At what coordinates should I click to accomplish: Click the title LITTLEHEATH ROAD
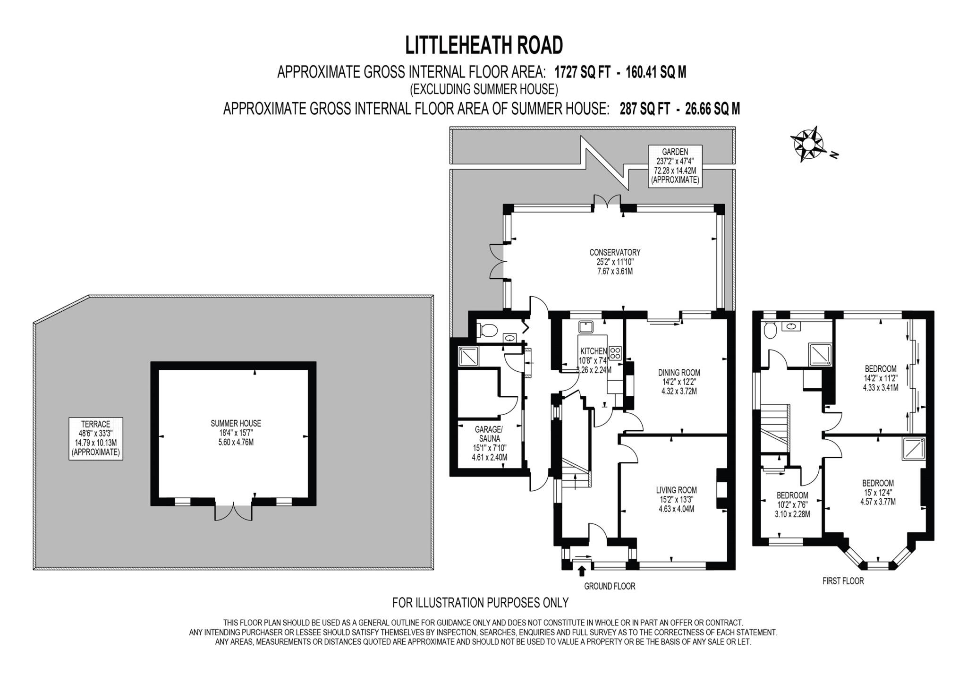(x=484, y=46)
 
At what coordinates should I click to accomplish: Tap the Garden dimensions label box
(x=675, y=165)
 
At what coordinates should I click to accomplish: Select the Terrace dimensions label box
(x=95, y=438)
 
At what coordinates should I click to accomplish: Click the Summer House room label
(x=236, y=433)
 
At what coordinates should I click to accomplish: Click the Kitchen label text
(x=593, y=351)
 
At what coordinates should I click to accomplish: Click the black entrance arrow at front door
(x=581, y=572)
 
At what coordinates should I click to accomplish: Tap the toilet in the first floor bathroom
(x=770, y=331)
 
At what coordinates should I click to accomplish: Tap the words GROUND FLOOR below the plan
(x=609, y=586)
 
